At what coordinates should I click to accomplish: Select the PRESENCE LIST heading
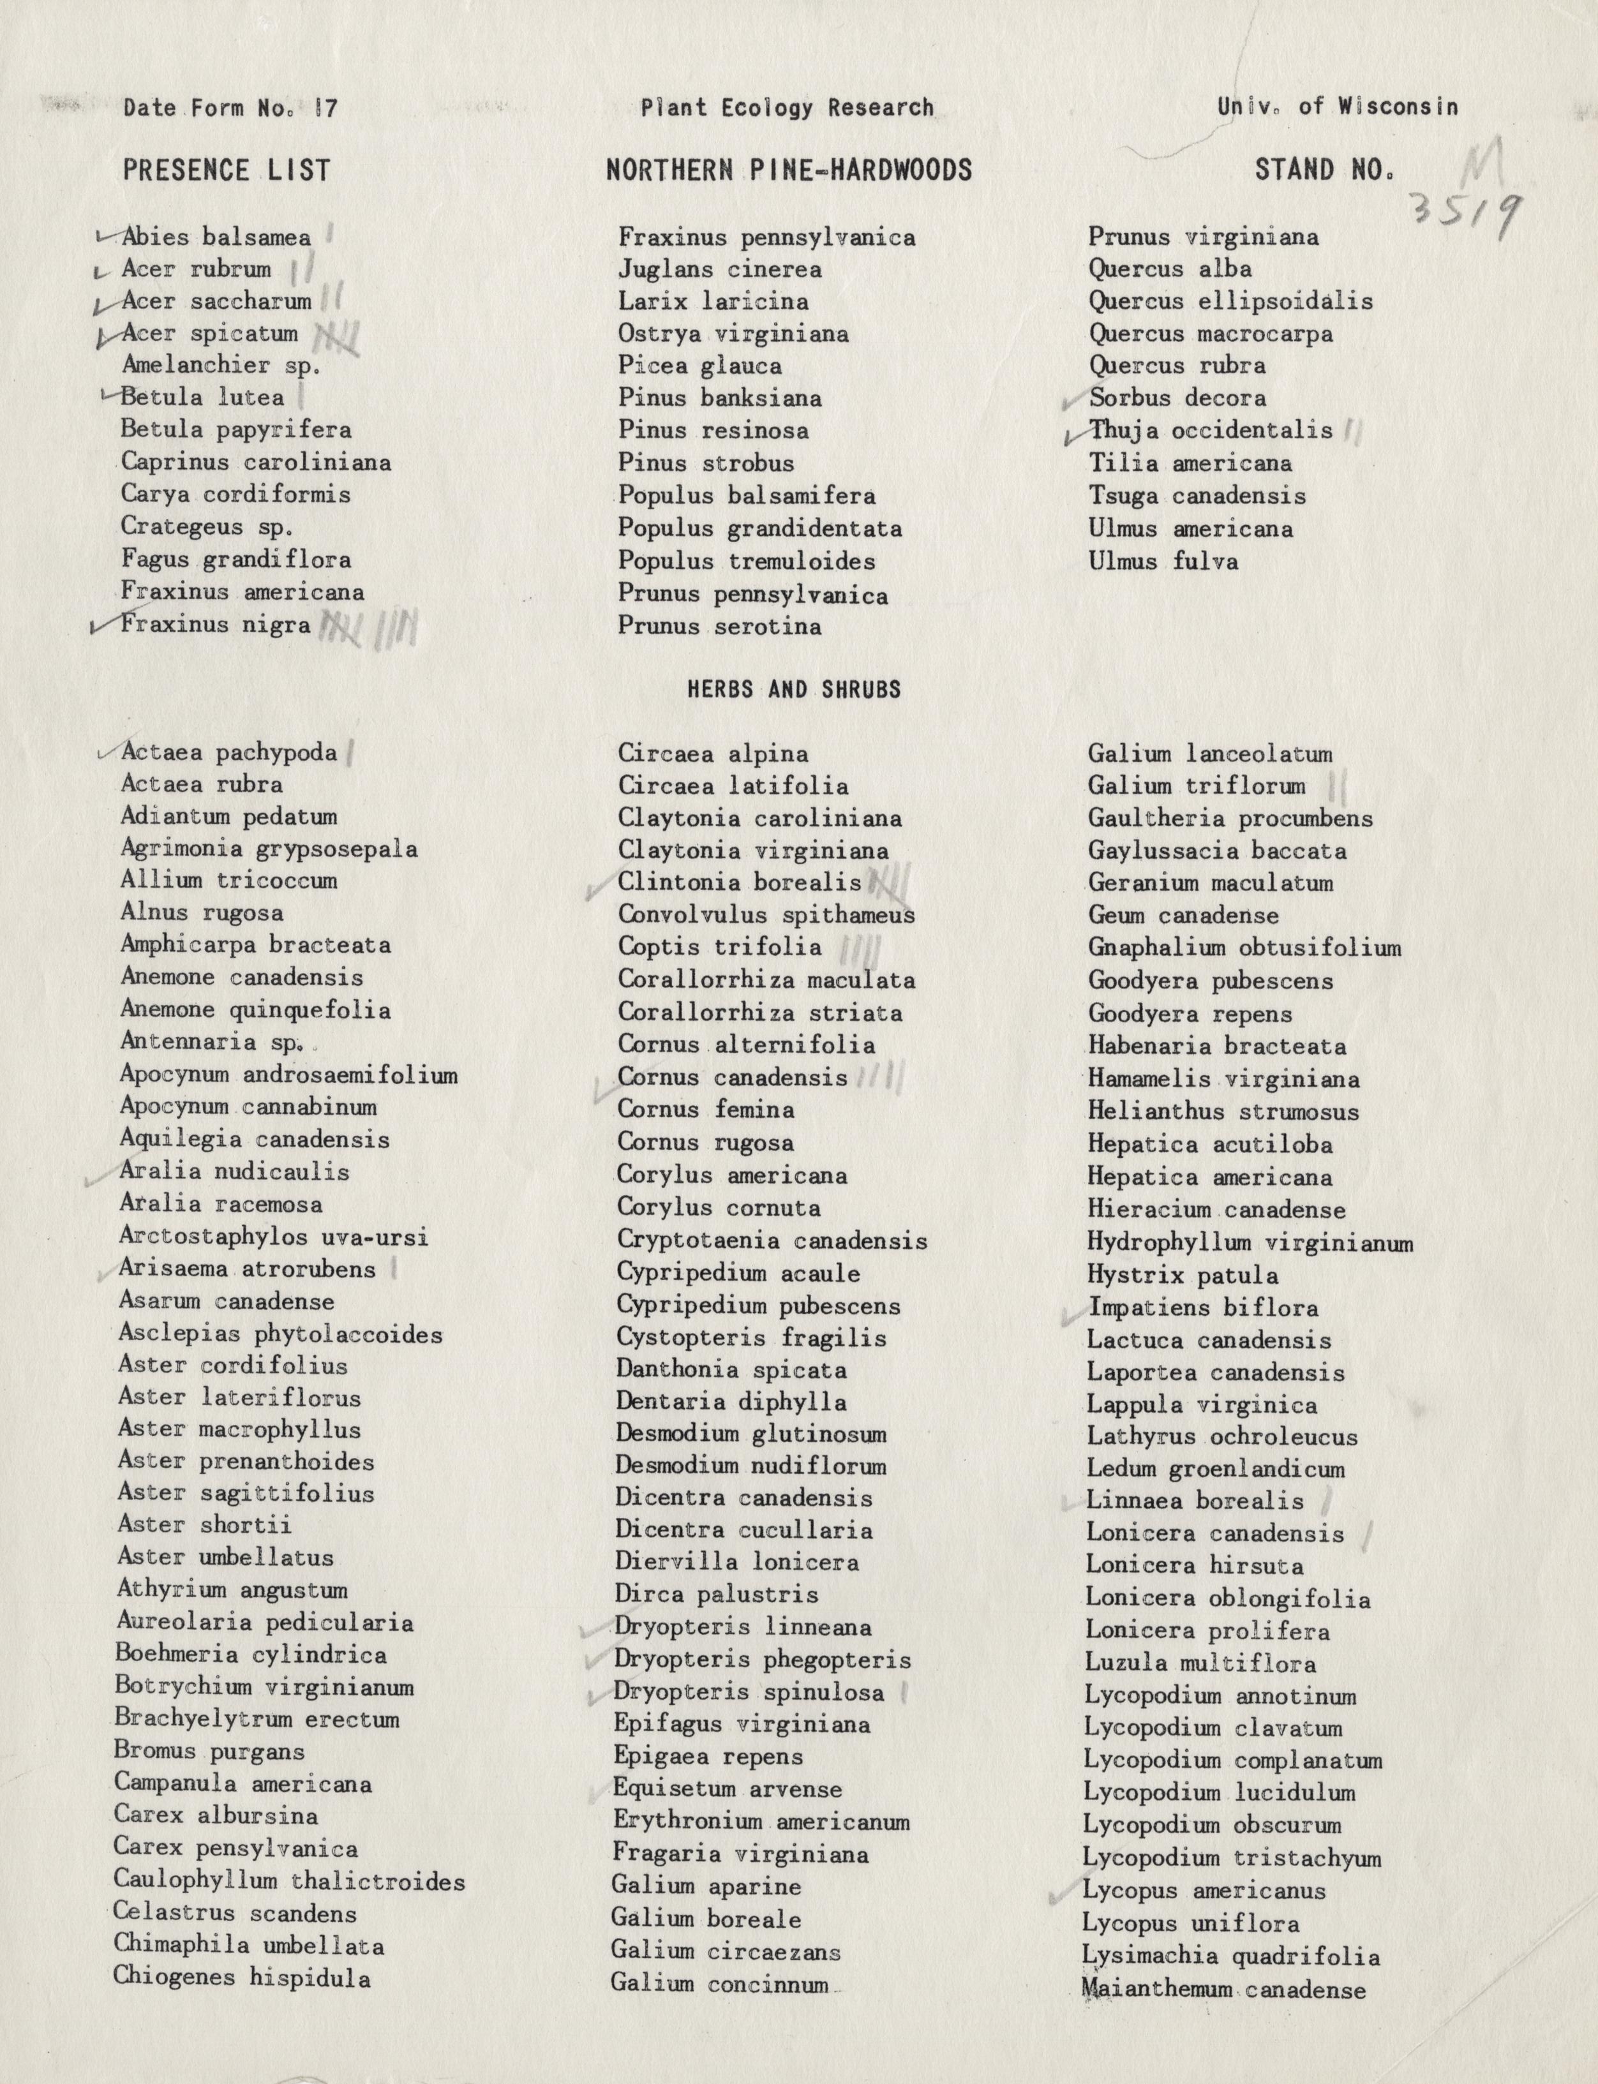click(x=227, y=170)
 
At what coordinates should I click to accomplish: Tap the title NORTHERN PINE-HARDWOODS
click(x=789, y=170)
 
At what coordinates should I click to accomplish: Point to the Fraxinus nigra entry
click(x=216, y=625)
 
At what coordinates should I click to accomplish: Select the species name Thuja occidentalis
click(x=1211, y=430)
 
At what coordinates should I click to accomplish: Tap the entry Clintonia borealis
click(x=739, y=882)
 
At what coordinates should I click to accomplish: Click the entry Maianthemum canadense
click(x=1223, y=1989)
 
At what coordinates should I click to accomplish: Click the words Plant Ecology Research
click(x=788, y=107)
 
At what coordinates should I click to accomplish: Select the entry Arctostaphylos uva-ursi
click(x=274, y=1237)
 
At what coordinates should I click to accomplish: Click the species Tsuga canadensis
click(x=1197, y=496)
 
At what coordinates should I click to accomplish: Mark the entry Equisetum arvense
click(x=727, y=1788)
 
